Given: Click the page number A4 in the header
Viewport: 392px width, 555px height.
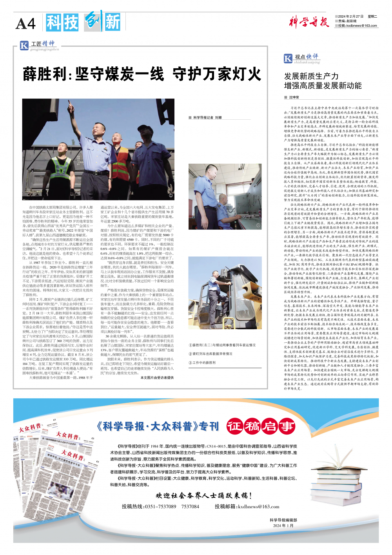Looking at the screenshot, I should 25,24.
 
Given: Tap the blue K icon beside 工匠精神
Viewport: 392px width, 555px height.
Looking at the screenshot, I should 24,46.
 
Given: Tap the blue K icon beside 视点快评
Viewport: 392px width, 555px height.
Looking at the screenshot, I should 288,59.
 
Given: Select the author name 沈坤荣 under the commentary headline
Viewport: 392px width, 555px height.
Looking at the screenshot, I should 294,97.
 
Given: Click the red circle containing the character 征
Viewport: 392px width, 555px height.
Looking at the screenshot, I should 235,425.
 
